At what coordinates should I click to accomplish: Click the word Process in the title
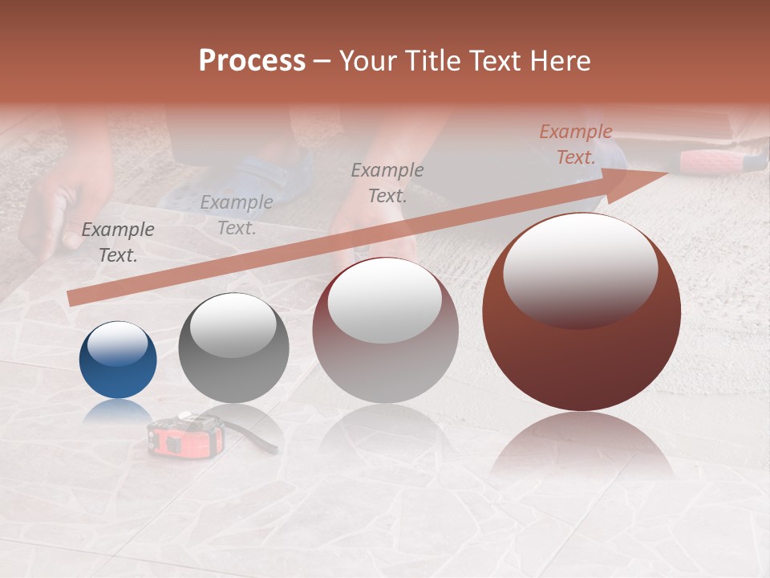tap(252, 61)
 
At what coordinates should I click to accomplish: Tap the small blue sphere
tap(118, 360)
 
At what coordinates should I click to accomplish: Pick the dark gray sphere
tap(233, 348)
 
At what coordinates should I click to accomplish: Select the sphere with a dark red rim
tap(385, 330)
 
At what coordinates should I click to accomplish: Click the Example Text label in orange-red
tap(575, 144)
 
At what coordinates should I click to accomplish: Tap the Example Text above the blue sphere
tap(118, 242)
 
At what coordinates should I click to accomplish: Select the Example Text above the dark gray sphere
tap(236, 215)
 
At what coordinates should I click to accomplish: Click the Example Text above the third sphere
tap(387, 182)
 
